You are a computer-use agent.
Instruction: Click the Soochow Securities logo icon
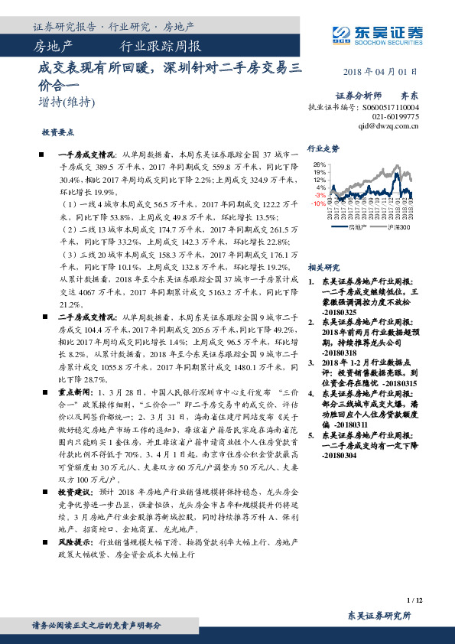tap(343, 32)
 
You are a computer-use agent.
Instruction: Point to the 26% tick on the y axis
tap(320, 165)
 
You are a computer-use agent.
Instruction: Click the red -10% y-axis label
tap(318, 203)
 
